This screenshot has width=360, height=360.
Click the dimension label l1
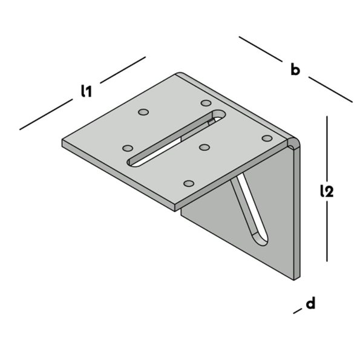87,92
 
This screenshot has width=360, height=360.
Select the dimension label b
295,70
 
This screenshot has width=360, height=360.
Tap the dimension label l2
327,191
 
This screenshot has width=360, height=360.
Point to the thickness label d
310,303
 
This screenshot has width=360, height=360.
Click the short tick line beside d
296,312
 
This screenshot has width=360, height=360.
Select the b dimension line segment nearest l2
330,89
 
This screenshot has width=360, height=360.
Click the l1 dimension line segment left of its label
46,116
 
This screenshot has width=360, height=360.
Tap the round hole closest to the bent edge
267,139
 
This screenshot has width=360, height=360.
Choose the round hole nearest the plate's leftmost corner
128,148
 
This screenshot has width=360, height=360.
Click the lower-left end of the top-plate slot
134,162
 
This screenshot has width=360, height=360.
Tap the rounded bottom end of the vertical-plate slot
260,239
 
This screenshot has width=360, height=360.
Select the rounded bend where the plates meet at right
292,143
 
